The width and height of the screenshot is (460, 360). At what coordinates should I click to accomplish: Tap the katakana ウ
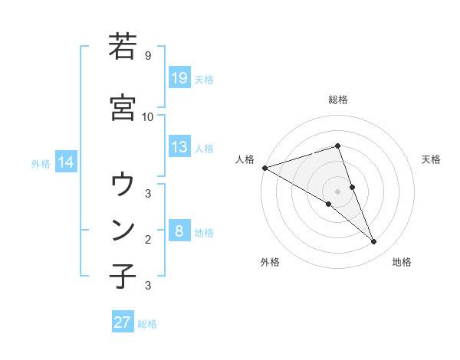[x=123, y=184]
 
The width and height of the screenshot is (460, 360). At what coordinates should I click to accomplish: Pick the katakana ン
[x=123, y=229]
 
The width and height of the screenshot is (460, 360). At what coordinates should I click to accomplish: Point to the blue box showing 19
[x=179, y=78]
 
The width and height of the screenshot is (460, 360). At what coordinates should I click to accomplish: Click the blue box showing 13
[x=179, y=147]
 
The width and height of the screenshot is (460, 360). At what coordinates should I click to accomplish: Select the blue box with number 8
[x=179, y=231]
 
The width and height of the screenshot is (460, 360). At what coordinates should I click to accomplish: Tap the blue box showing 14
[x=66, y=162]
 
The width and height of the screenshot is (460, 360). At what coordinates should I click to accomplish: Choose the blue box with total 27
[x=123, y=322]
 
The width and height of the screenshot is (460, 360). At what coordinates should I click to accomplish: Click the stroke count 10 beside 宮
[x=148, y=116]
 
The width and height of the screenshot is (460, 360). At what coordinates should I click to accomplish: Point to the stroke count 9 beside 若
[x=147, y=56]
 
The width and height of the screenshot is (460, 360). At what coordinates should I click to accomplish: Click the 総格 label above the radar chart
[x=338, y=100]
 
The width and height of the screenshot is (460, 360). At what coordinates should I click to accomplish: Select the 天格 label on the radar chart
[x=432, y=159]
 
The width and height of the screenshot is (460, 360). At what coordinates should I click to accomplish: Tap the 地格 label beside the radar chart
[x=402, y=262]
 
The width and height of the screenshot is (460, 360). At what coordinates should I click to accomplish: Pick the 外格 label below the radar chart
[x=270, y=262]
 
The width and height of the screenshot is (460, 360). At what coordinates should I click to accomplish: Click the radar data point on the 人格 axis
[x=264, y=168]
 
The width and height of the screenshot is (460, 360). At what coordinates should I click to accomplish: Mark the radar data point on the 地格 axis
[x=374, y=242]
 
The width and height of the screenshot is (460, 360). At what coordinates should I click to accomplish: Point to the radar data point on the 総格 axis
[x=338, y=146]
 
